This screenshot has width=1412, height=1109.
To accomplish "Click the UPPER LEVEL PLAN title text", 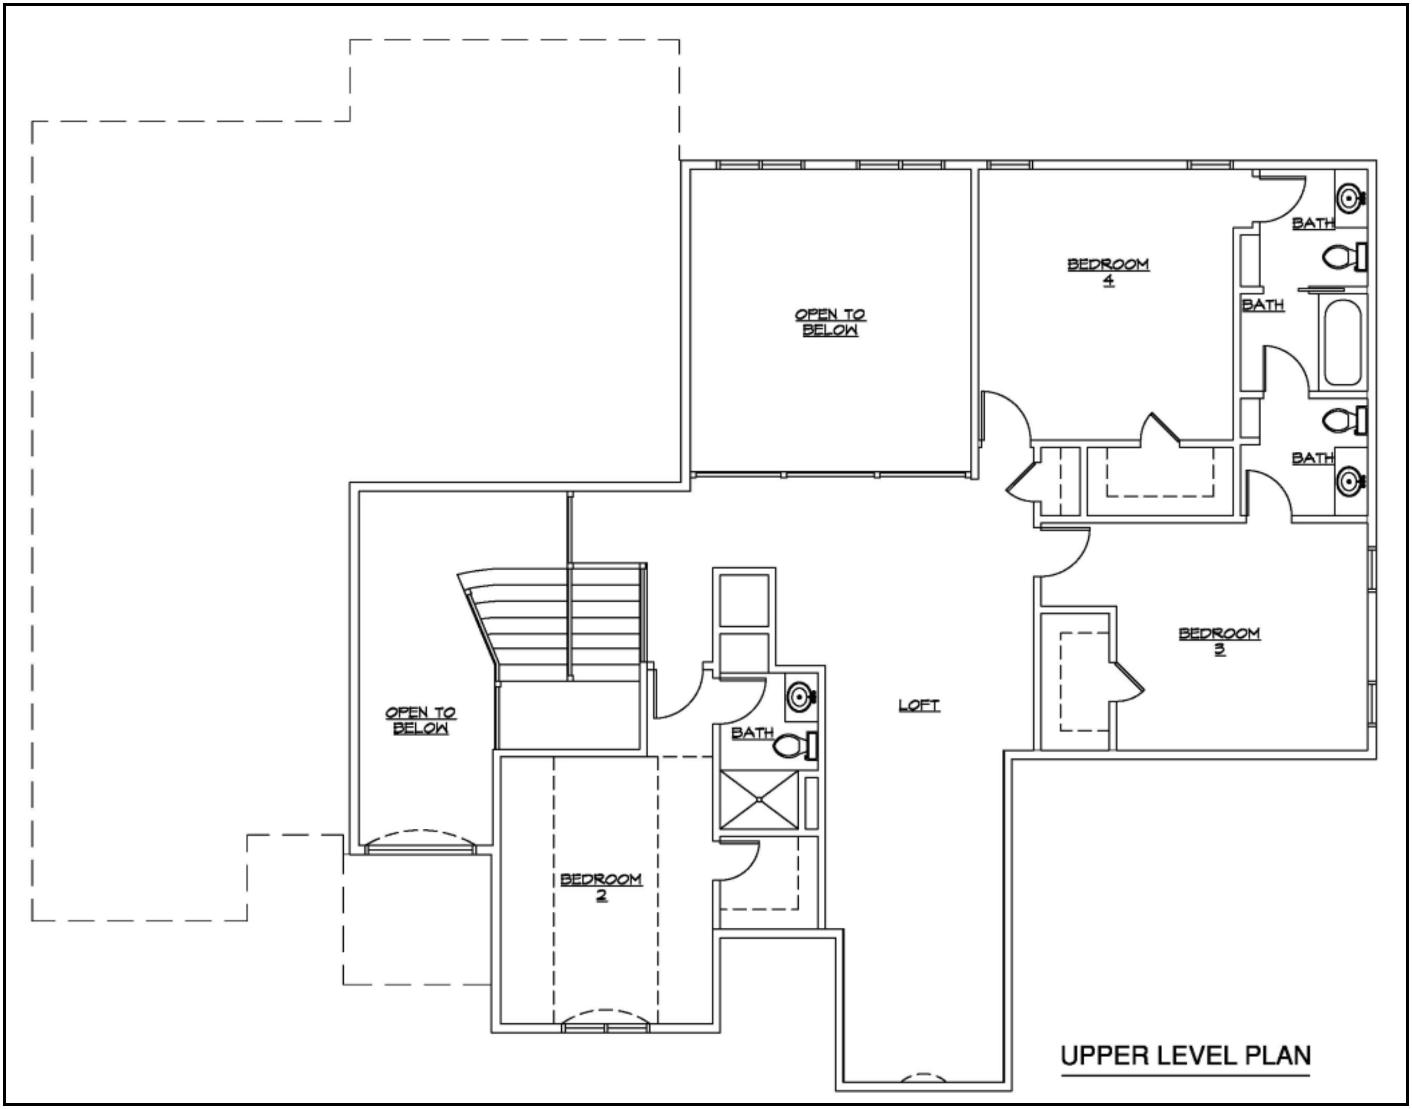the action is point(1185,1055).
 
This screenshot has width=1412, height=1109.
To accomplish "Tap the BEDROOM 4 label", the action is point(1108,272).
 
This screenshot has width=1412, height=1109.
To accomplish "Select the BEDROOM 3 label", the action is point(1220,641).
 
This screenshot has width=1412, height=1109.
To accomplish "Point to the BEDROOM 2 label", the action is point(601,887).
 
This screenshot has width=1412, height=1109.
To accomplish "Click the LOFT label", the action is point(919,705).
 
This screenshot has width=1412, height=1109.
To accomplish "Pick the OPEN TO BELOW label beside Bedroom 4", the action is point(830,322).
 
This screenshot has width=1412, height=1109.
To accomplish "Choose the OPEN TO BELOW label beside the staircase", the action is point(420,720).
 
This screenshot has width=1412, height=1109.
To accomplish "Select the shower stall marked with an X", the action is point(759,799).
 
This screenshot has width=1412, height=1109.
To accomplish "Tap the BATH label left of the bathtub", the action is point(1263,304).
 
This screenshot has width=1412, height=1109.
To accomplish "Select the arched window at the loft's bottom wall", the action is point(923,1078).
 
